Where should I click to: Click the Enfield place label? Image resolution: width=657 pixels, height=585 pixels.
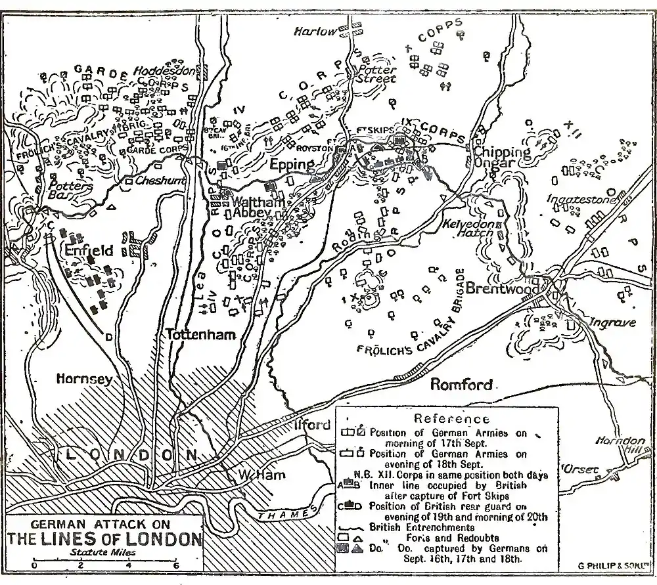pos(89,250)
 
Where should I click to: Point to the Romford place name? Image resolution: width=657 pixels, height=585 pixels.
pos(461,384)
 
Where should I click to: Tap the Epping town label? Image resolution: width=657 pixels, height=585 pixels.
pos(292,164)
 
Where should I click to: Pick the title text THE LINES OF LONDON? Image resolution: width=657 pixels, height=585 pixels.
pos(104,540)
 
